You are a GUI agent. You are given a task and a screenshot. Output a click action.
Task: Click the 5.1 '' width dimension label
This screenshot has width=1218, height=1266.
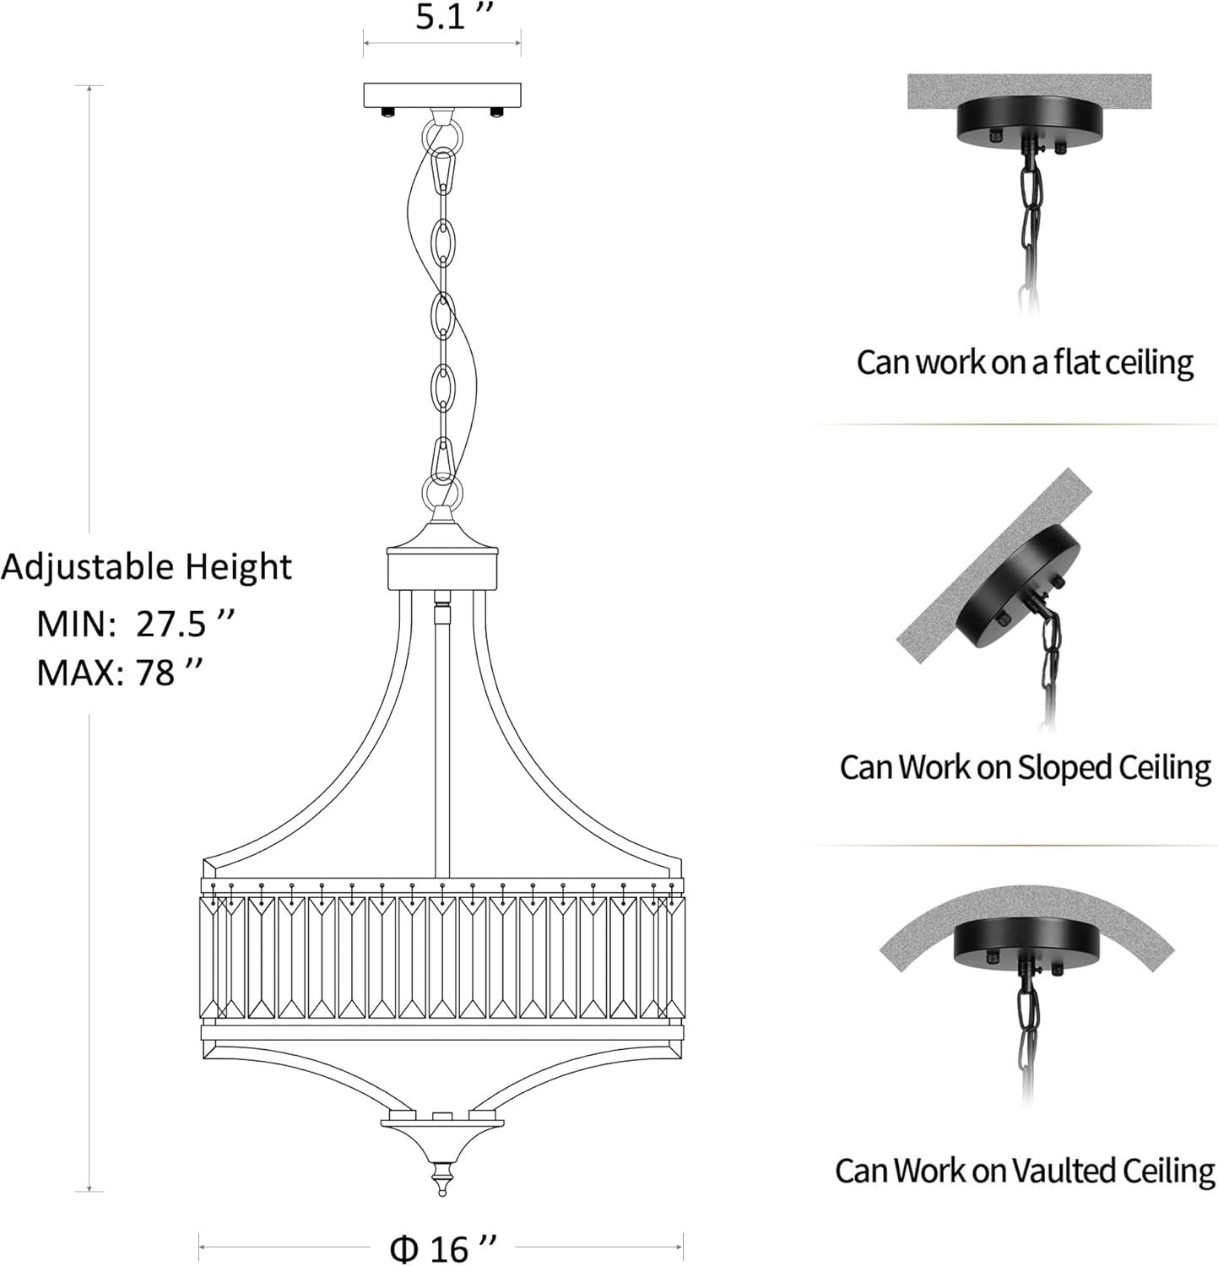pyautogui.click(x=453, y=17)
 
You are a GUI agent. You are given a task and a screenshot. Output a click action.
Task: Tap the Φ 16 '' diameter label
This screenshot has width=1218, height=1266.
pyautogui.click(x=441, y=1247)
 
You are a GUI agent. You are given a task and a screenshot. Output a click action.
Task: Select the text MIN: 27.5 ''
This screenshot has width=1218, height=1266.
pyautogui.click(x=134, y=624)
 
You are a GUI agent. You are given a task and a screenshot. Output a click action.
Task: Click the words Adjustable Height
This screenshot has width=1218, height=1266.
pyautogui.click(x=147, y=567)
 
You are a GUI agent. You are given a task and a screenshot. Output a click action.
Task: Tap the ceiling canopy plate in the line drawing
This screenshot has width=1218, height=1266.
pyautogui.click(x=442, y=95)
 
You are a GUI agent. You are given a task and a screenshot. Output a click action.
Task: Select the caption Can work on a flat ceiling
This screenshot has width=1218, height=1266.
pyautogui.click(x=1025, y=363)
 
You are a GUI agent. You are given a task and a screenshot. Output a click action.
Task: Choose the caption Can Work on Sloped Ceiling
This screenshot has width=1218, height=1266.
pyautogui.click(x=1026, y=767)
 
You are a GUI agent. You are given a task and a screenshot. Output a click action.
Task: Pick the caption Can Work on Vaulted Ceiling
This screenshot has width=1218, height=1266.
pyautogui.click(x=1026, y=1171)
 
